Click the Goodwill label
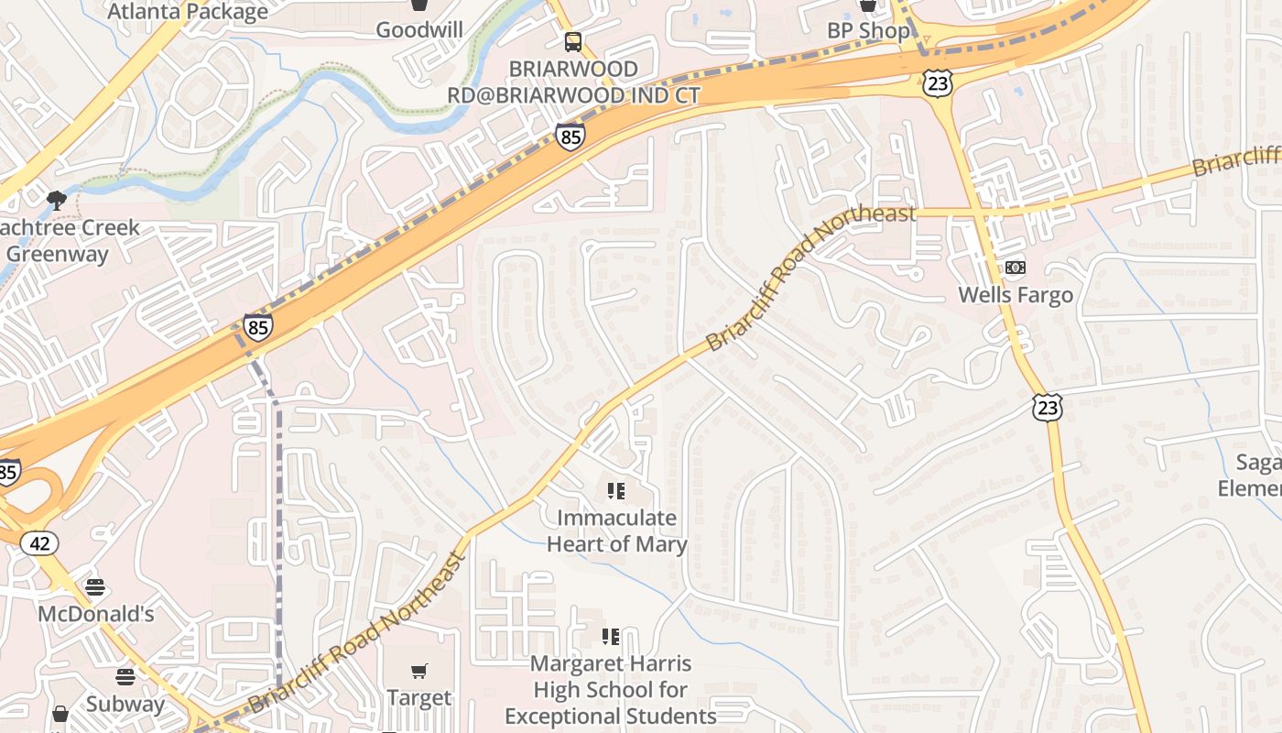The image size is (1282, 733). (419, 29)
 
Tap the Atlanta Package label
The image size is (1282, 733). (188, 11)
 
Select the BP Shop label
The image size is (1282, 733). (868, 30)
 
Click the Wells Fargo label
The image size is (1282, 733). (1016, 295)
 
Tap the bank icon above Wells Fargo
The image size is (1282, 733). (1016, 268)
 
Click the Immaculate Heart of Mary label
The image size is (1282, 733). (616, 531)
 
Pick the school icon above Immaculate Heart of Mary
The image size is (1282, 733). (616, 491)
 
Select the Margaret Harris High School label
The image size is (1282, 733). (611, 689)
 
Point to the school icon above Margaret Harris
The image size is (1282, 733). (611, 636)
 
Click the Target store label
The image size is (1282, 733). (419, 697)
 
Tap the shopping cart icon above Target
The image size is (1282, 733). (419, 672)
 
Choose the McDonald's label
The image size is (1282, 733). (95, 613)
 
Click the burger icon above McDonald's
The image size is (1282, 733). (95, 587)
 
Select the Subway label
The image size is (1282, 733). (125, 704)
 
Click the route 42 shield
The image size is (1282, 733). (39, 543)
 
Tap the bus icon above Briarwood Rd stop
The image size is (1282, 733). (573, 41)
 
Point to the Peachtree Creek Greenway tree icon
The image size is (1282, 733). (57, 199)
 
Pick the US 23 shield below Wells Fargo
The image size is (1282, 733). (1048, 408)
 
